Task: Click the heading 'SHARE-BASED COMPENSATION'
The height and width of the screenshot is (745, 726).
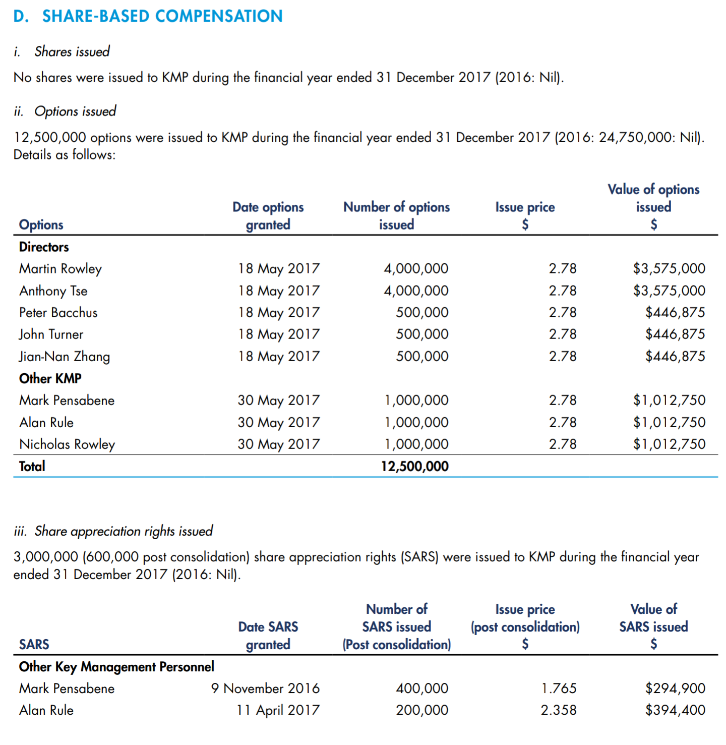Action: pos(162,16)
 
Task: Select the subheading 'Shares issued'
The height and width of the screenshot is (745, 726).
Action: pos(72,51)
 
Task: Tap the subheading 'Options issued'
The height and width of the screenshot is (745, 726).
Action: pos(75,111)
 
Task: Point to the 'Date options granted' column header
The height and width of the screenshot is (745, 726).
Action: pos(268,215)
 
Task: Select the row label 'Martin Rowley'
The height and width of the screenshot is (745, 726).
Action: pos(60,269)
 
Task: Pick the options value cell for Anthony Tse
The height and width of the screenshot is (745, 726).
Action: pos(669,291)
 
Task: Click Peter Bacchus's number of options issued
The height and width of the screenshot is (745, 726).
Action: pos(422,312)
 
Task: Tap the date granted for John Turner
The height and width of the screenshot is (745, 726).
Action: pos(278,334)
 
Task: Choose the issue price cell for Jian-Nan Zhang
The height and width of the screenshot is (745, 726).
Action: pos(562,357)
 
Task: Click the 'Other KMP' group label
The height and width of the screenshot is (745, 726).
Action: pos(50,379)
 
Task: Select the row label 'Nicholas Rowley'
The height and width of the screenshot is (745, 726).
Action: pos(67,444)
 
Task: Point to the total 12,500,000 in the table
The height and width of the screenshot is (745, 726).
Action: pos(414,466)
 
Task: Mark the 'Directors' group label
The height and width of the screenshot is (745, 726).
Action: pos(44,247)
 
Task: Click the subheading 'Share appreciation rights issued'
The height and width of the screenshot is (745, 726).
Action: pos(123,531)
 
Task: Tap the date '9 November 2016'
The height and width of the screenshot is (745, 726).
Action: pos(265,689)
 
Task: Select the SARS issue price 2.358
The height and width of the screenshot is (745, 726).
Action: pos(559,710)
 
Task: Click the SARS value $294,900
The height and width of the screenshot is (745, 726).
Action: pos(675,689)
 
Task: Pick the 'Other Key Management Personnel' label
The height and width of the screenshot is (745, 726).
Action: pos(116,666)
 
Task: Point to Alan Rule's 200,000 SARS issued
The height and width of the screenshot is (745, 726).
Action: pos(422,710)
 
